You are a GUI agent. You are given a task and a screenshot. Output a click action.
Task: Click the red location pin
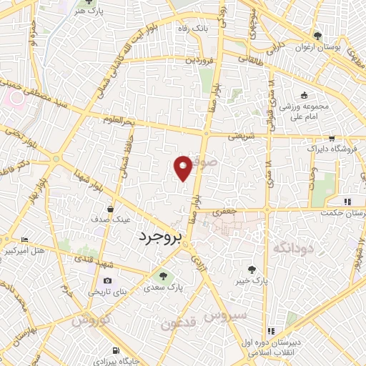[184, 167]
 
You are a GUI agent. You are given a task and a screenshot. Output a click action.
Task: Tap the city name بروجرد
[161, 237]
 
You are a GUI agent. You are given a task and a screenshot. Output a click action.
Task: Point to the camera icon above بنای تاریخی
[107, 281]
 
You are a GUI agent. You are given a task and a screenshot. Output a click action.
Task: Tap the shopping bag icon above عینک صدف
[110, 209]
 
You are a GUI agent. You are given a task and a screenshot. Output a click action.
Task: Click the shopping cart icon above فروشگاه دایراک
[331, 139]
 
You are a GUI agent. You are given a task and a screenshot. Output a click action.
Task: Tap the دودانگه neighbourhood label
[293, 247]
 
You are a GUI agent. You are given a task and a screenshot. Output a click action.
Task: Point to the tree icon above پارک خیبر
[252, 269]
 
